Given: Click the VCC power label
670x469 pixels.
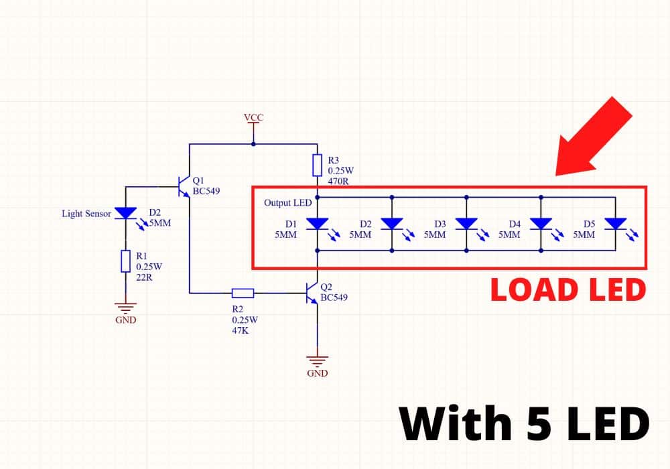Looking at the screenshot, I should click(254, 117).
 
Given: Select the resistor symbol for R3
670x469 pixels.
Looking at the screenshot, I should click(318, 165).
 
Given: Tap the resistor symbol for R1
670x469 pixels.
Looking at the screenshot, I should click(125, 261).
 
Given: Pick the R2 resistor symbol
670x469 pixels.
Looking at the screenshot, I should click(243, 293).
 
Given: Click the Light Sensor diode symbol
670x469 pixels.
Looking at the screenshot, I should click(125, 212).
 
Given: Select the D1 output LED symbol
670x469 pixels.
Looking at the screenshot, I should click(318, 224).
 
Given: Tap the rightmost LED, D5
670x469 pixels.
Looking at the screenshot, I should click(615, 224).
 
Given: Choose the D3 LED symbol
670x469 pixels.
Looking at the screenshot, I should click(466, 224).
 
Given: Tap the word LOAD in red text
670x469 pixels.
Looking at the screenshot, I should click(529, 290).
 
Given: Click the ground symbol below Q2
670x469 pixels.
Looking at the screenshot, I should click(318, 360).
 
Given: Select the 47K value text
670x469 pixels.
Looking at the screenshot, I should click(241, 330).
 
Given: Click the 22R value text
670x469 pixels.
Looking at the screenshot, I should click(144, 277).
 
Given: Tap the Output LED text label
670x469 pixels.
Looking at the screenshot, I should click(288, 203).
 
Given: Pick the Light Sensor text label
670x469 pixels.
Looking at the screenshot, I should click(86, 214).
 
